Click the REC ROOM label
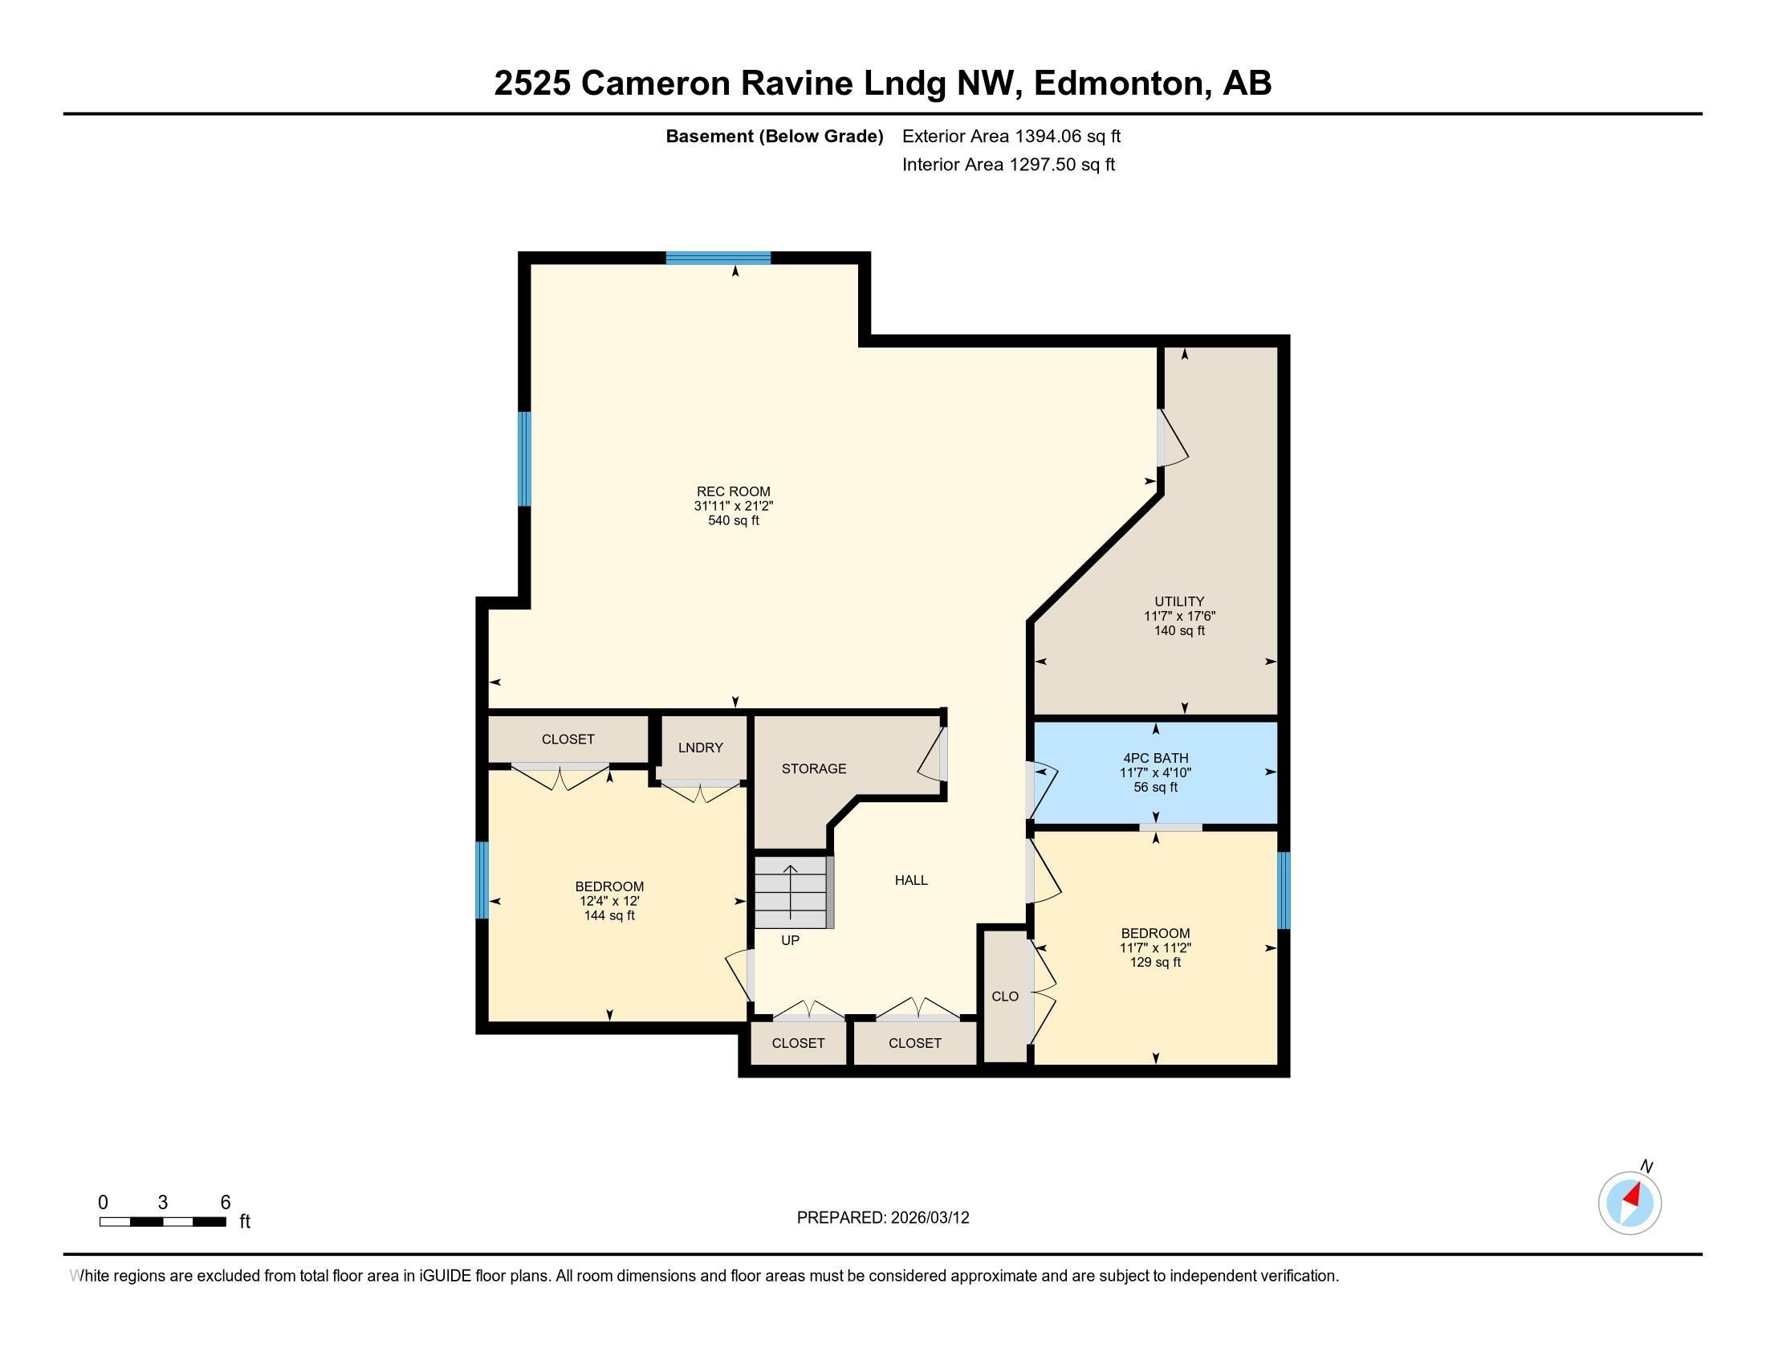pos(733,491)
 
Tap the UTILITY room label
pos(1179,601)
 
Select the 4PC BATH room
pos(1154,772)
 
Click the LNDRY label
pos(700,748)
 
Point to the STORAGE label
pos(813,768)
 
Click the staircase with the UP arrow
pos(791,894)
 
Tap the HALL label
pos(910,880)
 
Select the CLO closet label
pos(1004,996)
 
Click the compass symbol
pos(1630,1203)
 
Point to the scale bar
pos(162,1221)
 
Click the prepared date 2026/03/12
pos(928,1217)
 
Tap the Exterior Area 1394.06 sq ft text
pos(1011,136)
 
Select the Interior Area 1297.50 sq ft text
pos(1007,164)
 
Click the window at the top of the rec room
pos(718,258)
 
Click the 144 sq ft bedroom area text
pos(609,915)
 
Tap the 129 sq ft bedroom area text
pos(1154,962)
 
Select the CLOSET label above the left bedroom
pos(568,739)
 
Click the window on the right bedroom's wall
pos(1284,890)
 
